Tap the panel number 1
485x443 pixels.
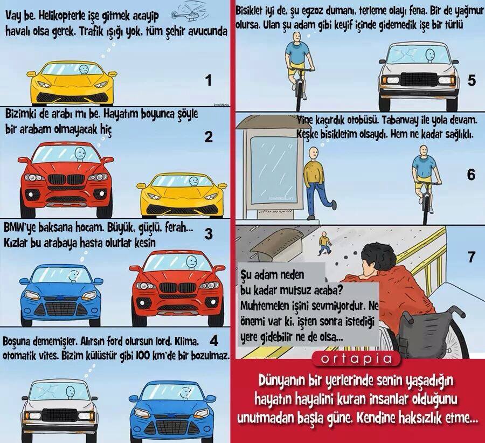(209, 81)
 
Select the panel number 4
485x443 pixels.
(213, 341)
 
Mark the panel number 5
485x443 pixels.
(471, 81)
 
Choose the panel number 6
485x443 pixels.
(471, 175)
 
